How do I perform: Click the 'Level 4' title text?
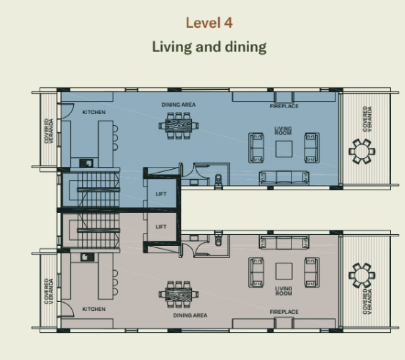tap(209, 23)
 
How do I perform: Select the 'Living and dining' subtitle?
tap(209, 47)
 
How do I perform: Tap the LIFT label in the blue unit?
tap(161, 194)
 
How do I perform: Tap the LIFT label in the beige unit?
tap(161, 227)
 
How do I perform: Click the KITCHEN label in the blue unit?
tap(94, 112)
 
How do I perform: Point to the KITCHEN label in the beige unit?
tap(94, 309)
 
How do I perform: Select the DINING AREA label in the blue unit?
tap(178, 105)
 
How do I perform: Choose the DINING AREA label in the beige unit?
tap(190, 315)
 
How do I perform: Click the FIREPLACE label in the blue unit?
tap(284, 106)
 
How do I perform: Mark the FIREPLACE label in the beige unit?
tap(284, 312)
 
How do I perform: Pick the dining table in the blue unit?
tap(178, 126)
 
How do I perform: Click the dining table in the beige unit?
tap(178, 294)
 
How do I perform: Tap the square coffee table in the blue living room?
tap(284, 149)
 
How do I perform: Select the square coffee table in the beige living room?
tap(284, 271)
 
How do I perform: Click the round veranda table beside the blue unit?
tap(361, 151)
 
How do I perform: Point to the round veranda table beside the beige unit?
tap(361, 275)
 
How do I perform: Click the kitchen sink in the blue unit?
tap(86, 163)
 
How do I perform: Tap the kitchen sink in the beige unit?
tap(87, 257)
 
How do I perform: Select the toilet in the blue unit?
tap(218, 180)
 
